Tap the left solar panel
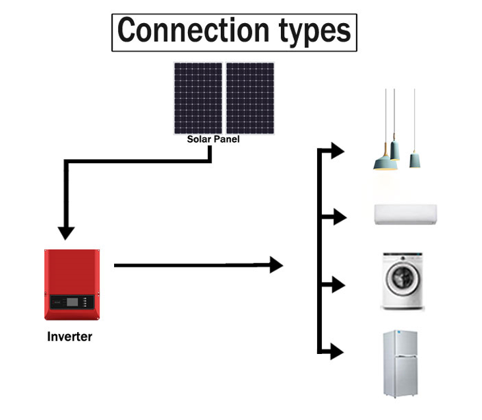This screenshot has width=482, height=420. point(198,98)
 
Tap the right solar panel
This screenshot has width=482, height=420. point(251,98)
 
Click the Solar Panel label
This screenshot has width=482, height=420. point(213,139)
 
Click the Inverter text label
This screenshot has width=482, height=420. point(70,337)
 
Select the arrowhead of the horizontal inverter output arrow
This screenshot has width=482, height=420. point(276,265)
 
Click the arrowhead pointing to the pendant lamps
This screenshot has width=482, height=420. point(338,151)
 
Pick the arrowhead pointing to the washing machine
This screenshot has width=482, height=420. point(338,285)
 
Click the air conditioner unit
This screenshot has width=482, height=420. point(405,215)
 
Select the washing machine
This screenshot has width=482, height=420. point(401,281)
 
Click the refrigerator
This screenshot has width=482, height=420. point(402,364)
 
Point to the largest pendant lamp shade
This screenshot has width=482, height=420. point(385,162)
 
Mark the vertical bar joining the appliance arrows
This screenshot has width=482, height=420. point(320,251)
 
